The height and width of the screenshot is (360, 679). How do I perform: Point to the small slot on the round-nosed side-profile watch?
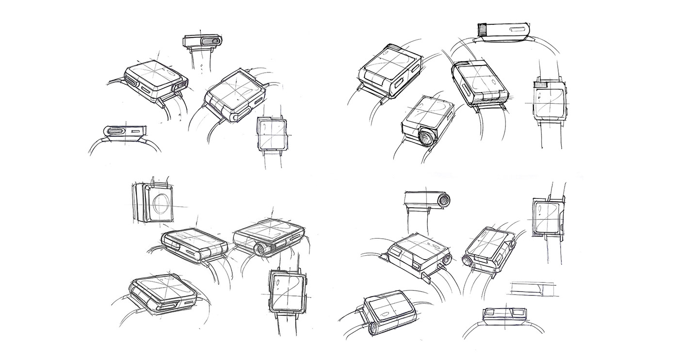[139, 130]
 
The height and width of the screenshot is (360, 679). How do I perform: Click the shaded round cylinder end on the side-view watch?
[443, 199]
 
